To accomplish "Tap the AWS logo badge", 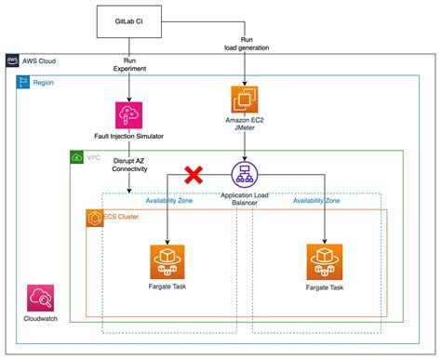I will pos(12,60).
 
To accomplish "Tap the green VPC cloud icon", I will pos(77,158).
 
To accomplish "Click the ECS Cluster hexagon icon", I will pos(94,217).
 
